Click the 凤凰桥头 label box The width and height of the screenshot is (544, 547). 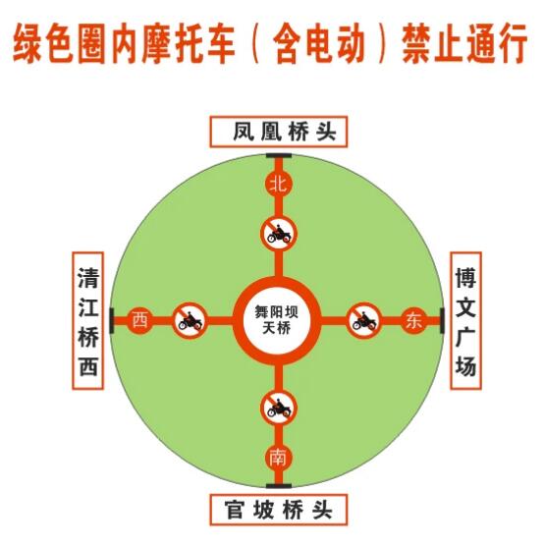[x=278, y=132]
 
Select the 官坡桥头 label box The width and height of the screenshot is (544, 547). [x=278, y=510]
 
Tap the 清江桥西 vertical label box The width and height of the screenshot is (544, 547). [x=87, y=320]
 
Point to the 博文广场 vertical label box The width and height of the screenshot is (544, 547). [x=465, y=320]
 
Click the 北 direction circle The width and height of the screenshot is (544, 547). [x=278, y=184]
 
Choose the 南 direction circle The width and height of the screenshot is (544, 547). [x=278, y=458]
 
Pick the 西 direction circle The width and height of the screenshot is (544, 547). [x=140, y=320]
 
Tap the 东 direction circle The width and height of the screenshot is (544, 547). [x=414, y=320]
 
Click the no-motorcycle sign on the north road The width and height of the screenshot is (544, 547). [x=279, y=234]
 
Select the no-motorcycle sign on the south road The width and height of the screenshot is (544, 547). [x=279, y=408]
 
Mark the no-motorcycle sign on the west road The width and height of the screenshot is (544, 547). [x=190, y=320]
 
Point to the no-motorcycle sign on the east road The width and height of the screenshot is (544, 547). [x=363, y=320]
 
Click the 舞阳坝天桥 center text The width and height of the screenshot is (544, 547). [x=277, y=320]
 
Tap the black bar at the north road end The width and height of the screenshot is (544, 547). [x=279, y=155]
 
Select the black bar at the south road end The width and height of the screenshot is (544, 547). [x=279, y=485]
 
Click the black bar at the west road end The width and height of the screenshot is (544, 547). [x=112, y=320]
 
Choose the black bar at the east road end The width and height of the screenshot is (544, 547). [x=442, y=320]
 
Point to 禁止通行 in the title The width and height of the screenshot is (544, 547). [x=464, y=43]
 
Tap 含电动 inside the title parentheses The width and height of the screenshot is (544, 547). [x=319, y=43]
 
